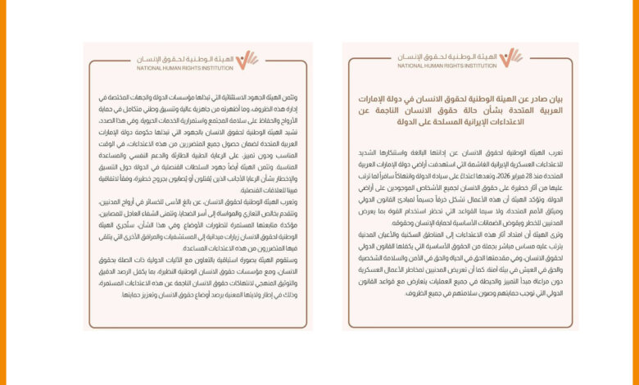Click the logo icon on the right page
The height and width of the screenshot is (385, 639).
coord(511,57)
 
